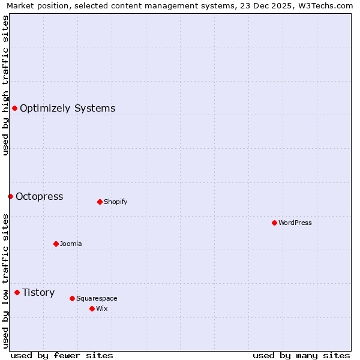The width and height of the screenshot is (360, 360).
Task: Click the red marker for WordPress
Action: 274,223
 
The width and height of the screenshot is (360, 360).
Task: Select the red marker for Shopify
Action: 100,202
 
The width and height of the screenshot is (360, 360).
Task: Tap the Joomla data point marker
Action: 56,244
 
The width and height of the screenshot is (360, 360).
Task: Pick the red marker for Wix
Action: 92,308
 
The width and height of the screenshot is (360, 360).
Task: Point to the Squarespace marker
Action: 72,298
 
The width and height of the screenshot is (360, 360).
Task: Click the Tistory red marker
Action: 17,292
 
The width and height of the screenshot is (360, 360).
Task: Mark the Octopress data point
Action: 10,196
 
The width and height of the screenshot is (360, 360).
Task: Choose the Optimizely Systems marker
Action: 14,108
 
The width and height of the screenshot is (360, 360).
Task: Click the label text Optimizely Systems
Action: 67,109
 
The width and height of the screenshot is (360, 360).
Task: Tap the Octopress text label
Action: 39,197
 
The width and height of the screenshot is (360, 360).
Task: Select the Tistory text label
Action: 38,293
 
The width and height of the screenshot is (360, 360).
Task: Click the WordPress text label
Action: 295,223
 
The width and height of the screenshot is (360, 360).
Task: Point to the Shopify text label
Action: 115,202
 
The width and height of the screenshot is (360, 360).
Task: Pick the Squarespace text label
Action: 97,298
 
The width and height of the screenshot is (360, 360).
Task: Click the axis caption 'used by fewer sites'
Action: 62,355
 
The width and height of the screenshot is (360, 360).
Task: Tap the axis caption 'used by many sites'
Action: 301,355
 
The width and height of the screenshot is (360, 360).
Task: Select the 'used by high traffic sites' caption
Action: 5,85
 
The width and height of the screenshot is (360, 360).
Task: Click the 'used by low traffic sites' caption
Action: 5,281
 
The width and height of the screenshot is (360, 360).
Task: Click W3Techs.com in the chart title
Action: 325,5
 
